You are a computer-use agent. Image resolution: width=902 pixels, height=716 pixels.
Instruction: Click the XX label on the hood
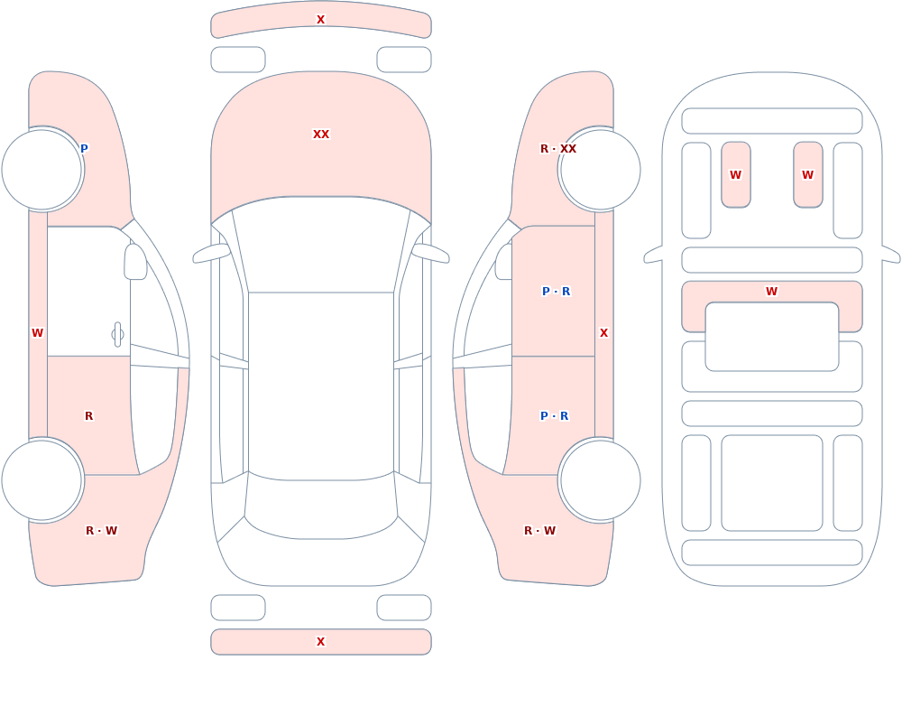click(321, 135)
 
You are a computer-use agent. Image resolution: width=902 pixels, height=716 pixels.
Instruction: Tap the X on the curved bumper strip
click(321, 20)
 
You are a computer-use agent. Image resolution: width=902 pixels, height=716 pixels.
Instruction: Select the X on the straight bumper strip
click(321, 642)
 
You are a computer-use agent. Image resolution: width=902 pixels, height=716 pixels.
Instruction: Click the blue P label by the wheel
click(84, 149)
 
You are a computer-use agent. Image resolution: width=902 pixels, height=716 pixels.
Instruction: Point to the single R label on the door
click(88, 416)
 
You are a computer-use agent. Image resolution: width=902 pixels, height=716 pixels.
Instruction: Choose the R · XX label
click(558, 149)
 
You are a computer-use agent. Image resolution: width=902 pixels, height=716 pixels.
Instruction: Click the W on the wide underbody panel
click(772, 292)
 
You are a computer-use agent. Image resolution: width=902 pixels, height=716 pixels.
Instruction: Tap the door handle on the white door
click(117, 335)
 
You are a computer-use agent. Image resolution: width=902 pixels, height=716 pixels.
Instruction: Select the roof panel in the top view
click(321, 386)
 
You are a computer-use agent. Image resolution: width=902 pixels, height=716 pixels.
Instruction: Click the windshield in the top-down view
click(321, 245)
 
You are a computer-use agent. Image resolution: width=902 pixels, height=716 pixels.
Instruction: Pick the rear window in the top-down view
click(321, 506)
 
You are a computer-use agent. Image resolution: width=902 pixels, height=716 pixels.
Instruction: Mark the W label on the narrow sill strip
click(37, 333)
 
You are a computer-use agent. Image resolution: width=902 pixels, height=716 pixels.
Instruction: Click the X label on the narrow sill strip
click(604, 333)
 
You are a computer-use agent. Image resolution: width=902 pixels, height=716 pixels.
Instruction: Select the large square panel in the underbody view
click(772, 483)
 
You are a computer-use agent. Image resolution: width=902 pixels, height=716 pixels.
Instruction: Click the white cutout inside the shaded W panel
click(772, 337)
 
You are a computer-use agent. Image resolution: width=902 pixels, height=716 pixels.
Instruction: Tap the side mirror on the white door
click(135, 262)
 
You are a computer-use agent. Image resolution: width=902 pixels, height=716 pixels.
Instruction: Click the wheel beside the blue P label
click(42, 170)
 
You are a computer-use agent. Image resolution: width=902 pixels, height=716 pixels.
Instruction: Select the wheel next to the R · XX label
click(601, 170)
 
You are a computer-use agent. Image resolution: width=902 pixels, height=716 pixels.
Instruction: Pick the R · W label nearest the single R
click(101, 531)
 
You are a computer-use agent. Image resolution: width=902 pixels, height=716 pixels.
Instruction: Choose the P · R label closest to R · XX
click(557, 292)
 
